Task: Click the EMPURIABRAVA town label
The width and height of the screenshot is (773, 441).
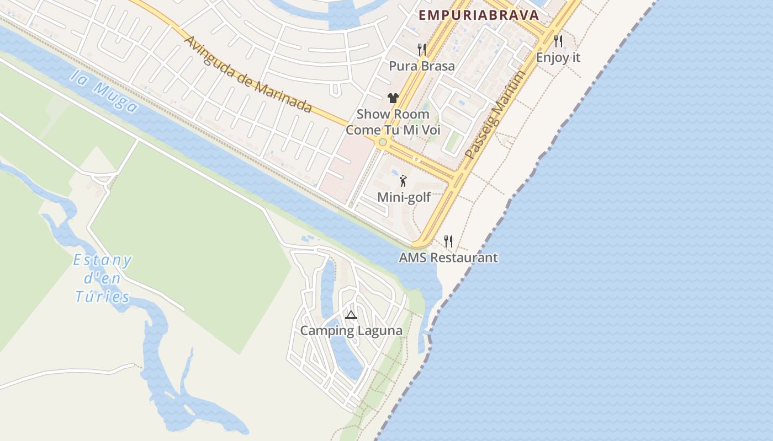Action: (478, 15)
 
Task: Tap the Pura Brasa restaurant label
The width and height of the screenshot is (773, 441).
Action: (422, 66)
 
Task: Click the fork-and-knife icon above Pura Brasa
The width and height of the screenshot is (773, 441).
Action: (422, 50)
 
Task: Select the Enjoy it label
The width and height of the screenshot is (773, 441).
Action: (558, 57)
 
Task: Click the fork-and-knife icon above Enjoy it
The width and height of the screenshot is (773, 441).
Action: (558, 41)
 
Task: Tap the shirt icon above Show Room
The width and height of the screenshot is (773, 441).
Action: (393, 98)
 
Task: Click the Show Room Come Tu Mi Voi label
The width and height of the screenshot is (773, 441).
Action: (393, 122)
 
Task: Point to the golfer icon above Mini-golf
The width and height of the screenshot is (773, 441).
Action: (404, 180)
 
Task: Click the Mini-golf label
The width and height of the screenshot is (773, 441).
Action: (404, 197)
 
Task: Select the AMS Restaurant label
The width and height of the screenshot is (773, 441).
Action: (448, 257)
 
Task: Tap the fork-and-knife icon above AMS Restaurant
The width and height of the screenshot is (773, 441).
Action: (448, 241)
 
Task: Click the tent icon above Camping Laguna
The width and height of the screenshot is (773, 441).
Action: (351, 315)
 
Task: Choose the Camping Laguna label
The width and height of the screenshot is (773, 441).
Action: (351, 331)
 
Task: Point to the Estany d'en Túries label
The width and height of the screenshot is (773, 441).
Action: (103, 278)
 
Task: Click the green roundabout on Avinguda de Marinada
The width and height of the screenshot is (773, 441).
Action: (383, 142)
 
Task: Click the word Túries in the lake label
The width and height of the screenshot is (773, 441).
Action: (103, 297)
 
